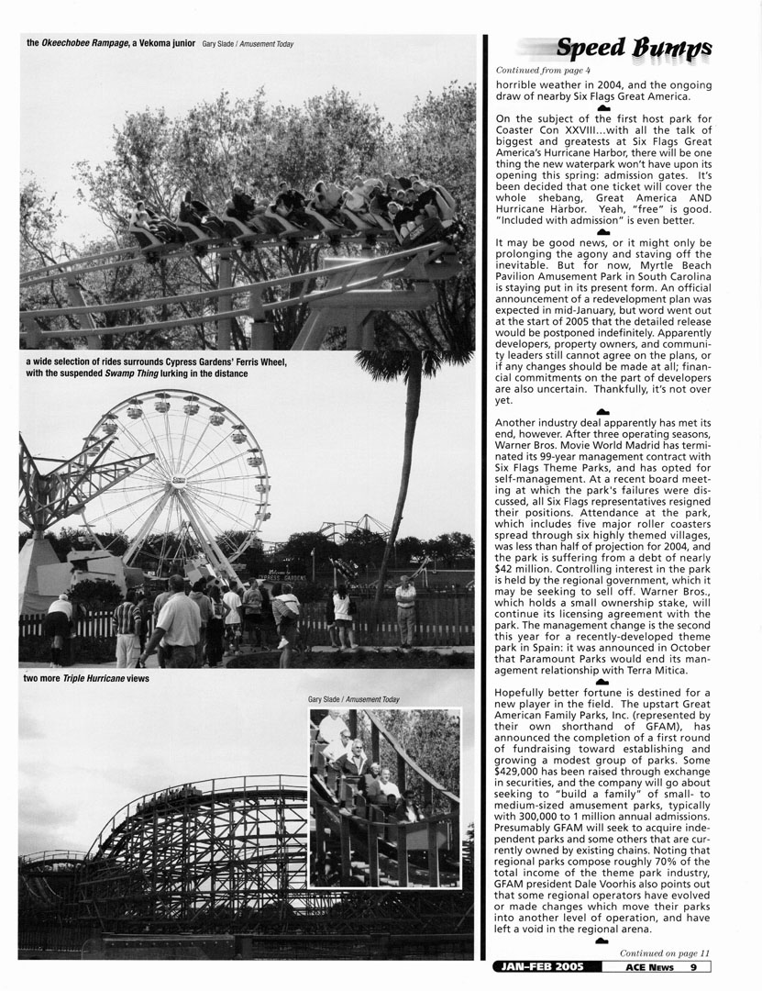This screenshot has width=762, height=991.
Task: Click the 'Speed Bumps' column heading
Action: tap(632, 48)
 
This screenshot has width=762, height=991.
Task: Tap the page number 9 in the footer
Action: tap(694, 965)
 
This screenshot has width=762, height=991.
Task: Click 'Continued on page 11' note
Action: tap(664, 952)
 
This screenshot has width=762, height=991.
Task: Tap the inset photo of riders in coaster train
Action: tap(384, 797)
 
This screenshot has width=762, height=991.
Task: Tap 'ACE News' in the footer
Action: tap(650, 965)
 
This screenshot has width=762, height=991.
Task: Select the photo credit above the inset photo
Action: tap(354, 699)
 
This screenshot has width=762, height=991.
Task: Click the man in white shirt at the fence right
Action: tap(405, 610)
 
